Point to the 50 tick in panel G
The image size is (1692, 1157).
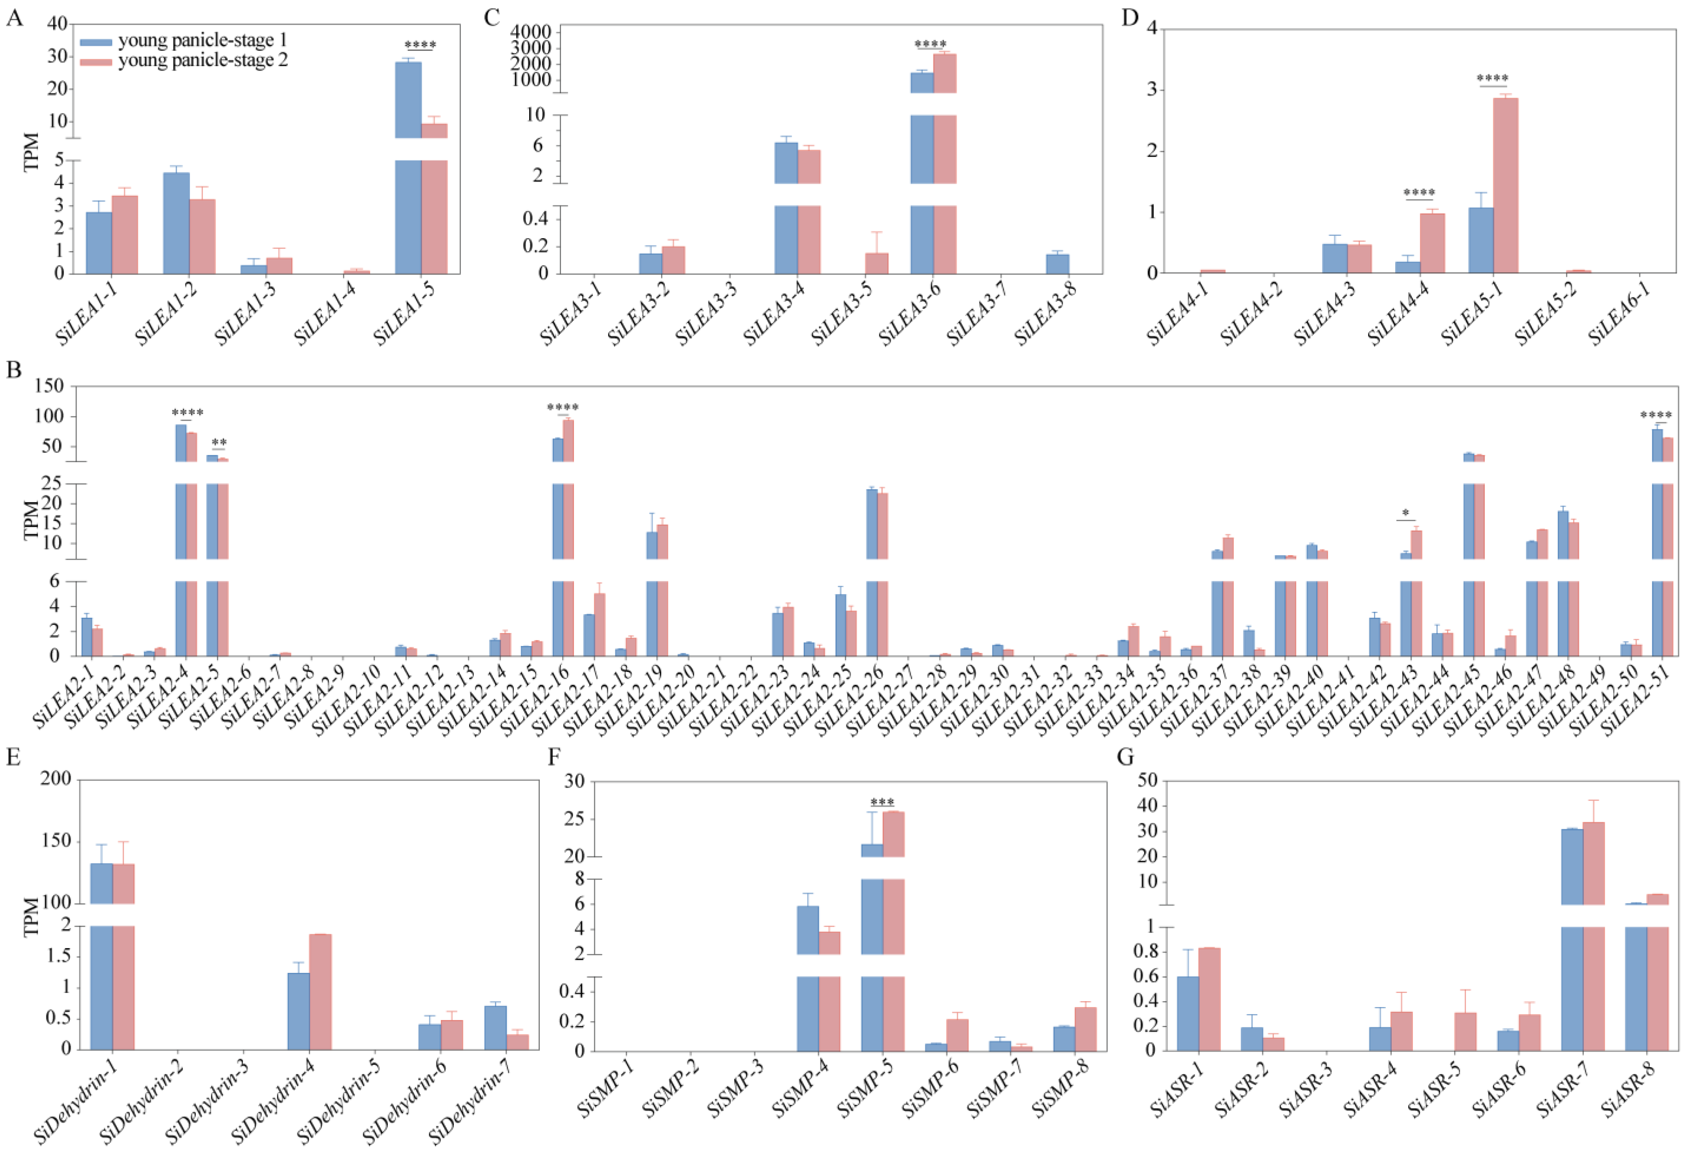1147,781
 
